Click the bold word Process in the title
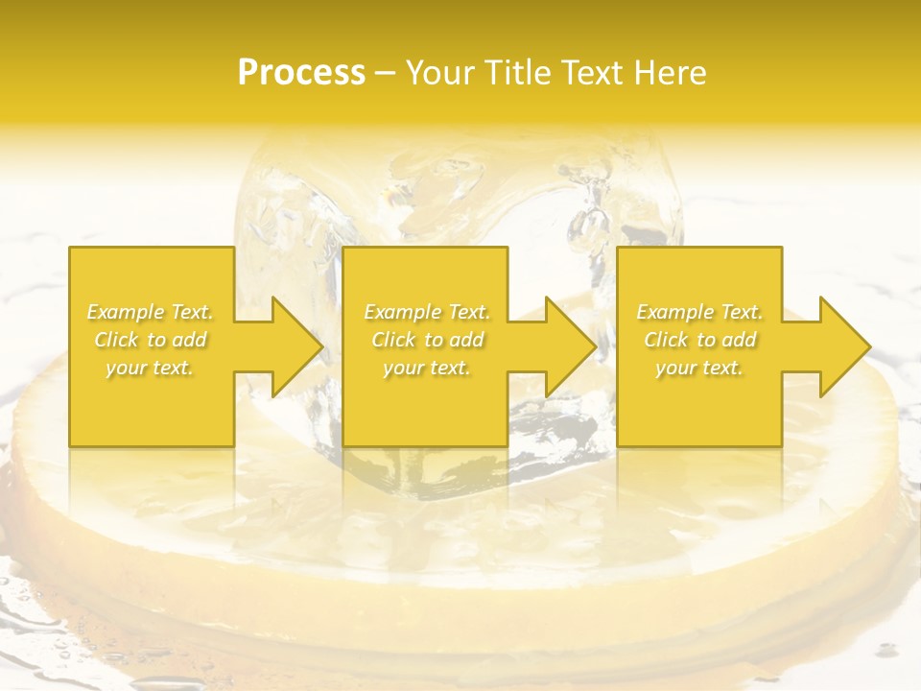301,73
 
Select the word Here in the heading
670,73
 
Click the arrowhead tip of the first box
321,346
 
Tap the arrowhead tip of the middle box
595,346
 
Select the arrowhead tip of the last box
869,346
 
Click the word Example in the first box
126,312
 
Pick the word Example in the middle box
402,312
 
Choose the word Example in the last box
674,312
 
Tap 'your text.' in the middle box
427,368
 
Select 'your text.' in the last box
699,368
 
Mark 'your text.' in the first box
150,368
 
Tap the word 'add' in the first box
190,340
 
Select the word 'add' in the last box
740,340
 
